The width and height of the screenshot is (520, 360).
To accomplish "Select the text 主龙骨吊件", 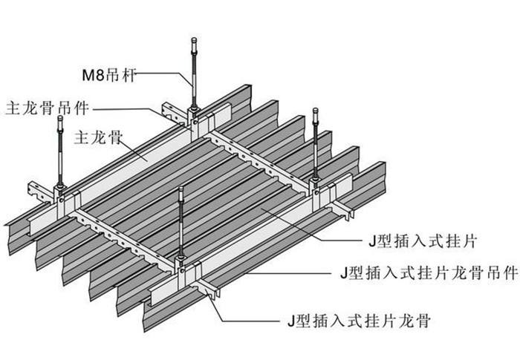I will pyautogui.click(x=47, y=106).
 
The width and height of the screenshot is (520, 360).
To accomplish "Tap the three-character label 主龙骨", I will pyautogui.click(x=95, y=137).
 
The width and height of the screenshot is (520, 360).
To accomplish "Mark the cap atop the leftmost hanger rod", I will pyautogui.click(x=59, y=119).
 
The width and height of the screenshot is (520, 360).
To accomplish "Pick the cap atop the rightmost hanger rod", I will pyautogui.click(x=319, y=111).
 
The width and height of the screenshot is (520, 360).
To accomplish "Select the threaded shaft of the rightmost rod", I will pyautogui.click(x=319, y=145).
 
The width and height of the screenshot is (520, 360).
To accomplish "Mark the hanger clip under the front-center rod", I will pyautogui.click(x=181, y=260).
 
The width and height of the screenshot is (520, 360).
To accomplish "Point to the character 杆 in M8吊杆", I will pyautogui.click(x=132, y=74).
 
